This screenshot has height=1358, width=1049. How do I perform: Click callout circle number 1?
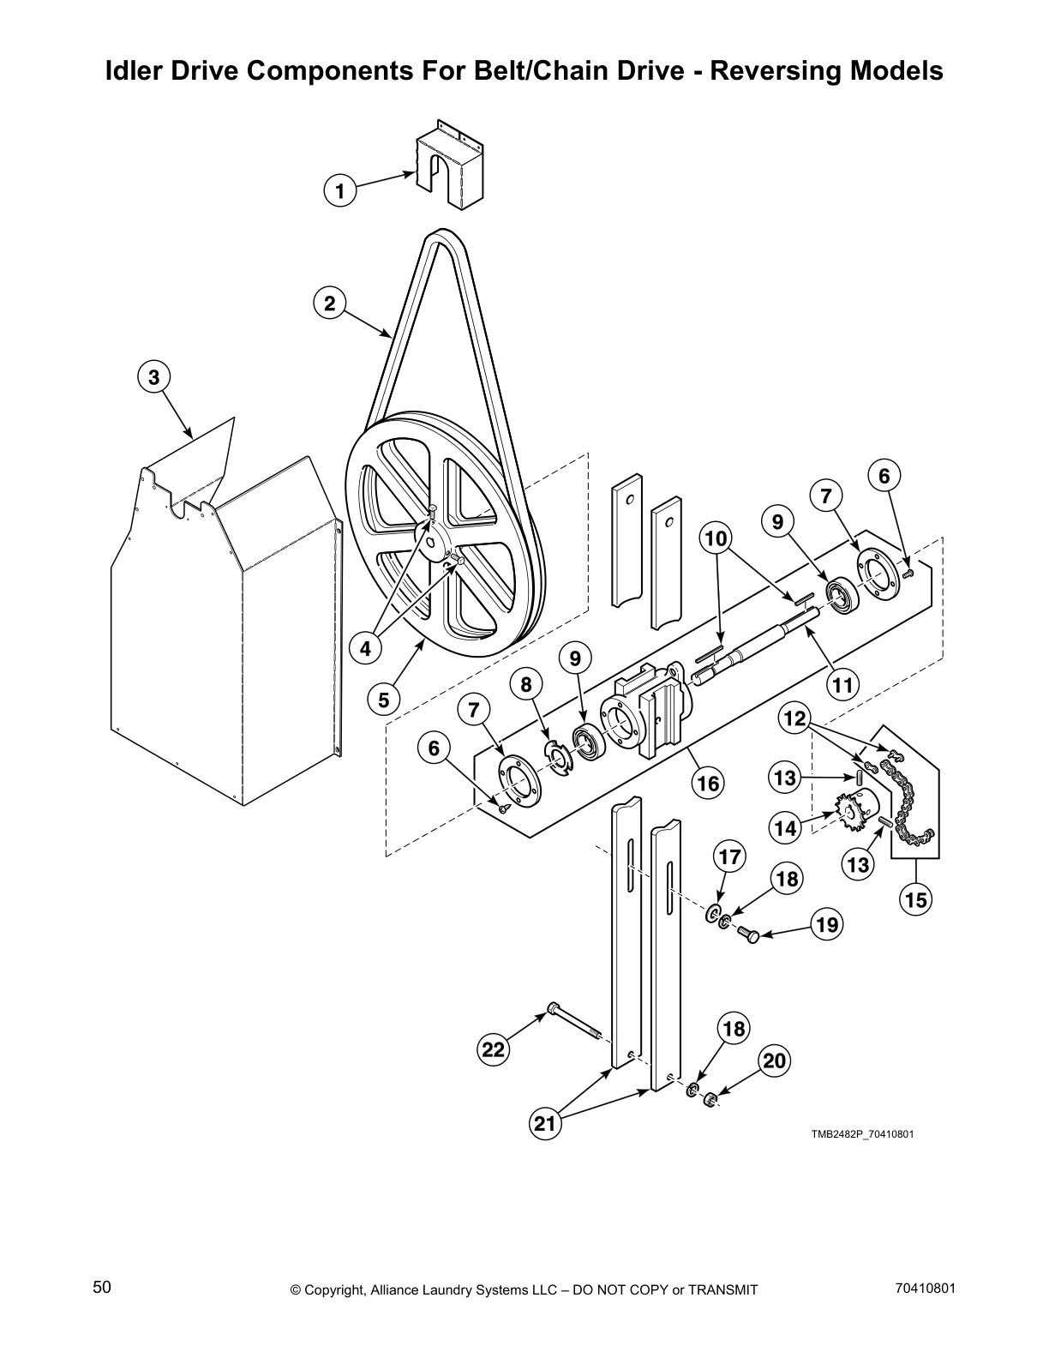(x=340, y=189)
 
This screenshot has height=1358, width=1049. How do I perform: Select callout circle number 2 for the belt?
(x=329, y=303)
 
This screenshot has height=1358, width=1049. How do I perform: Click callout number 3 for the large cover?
(x=153, y=377)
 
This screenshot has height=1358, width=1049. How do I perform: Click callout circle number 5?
(x=383, y=700)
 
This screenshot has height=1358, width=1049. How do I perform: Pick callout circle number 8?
(x=526, y=683)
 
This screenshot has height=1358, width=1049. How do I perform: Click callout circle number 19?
(x=827, y=924)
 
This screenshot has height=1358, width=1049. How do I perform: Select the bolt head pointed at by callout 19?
(x=749, y=935)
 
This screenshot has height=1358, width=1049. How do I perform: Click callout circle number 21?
(x=546, y=1123)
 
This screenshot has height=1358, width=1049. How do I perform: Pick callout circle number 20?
(x=774, y=1061)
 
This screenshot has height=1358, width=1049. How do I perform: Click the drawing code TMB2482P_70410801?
(x=863, y=1134)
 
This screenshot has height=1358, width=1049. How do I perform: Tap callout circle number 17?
(x=729, y=856)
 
